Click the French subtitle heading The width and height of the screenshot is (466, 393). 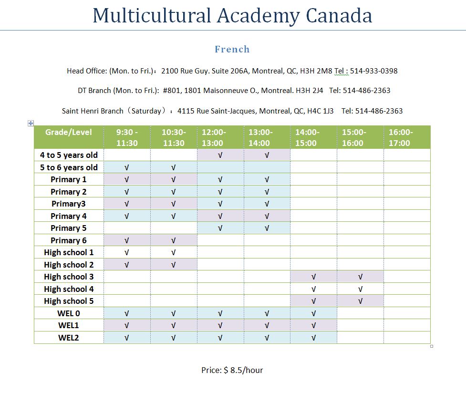[232, 49]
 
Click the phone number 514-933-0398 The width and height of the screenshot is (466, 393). [374, 71]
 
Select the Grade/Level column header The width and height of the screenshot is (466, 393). [69, 132]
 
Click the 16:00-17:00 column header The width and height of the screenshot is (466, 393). [401, 137]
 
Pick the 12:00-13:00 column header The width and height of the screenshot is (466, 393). [214, 137]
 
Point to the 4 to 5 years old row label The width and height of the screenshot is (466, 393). [69, 155]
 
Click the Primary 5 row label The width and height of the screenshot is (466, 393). [69, 228]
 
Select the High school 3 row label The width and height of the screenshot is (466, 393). [69, 277]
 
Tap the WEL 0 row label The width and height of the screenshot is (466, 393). [69, 313]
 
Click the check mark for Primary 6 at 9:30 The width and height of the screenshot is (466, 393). [126, 240]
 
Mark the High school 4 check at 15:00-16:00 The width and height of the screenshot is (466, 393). [360, 289]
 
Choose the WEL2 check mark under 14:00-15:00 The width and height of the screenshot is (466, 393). [313, 338]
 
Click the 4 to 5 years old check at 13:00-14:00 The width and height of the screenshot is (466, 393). [267, 155]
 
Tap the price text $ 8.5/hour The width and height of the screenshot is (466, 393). [243, 370]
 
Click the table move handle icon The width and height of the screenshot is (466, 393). [31, 123]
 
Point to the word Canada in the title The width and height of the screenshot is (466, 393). [339, 15]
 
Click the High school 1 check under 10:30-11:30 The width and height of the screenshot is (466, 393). [173, 252]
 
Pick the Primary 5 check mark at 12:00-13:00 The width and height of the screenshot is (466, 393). [220, 228]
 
